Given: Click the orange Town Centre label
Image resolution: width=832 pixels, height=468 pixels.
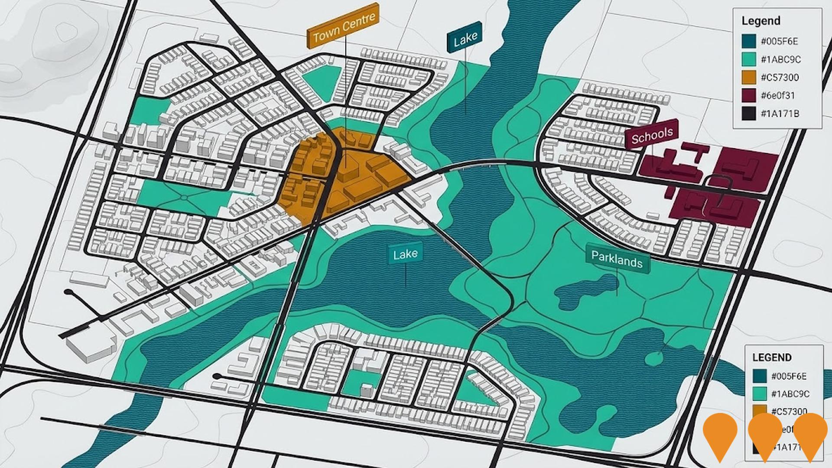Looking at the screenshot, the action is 343,26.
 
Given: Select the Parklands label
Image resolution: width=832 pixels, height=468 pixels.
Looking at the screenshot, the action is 617,259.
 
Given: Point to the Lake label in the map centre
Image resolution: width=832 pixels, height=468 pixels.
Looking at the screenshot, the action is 405,254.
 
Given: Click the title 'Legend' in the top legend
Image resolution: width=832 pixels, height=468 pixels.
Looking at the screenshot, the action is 760,21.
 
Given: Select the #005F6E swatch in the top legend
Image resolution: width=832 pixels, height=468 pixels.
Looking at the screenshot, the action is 748,42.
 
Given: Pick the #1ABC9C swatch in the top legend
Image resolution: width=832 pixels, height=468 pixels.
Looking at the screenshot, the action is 748,59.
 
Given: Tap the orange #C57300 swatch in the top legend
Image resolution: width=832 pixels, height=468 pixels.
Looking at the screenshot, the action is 748,78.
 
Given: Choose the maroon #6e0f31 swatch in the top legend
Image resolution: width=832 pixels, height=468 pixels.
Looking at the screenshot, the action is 748,95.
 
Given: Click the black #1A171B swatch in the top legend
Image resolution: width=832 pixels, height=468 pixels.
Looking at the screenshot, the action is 748,114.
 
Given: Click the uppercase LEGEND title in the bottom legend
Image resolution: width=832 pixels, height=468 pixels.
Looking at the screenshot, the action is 772,357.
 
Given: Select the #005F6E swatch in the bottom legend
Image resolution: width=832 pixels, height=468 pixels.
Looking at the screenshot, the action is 760,376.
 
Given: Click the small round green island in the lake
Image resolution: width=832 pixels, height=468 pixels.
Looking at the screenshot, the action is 653,358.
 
